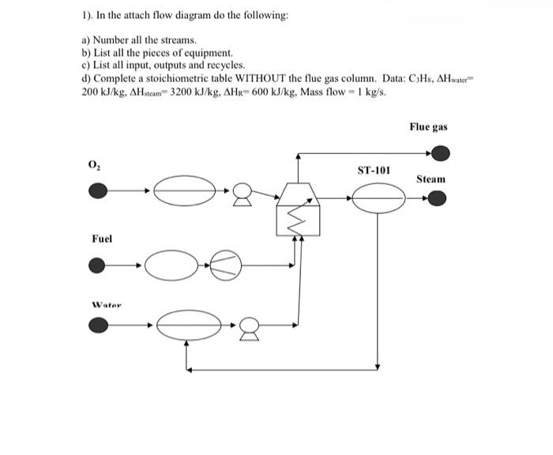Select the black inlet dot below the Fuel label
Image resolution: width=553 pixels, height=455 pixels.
pyautogui.click(x=97, y=267)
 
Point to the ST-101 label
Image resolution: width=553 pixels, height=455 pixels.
pyautogui.click(x=374, y=170)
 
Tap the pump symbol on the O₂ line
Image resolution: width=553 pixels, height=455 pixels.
pyautogui.click(x=247, y=190)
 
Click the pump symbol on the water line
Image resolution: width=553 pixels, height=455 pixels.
pyautogui.click(x=249, y=324)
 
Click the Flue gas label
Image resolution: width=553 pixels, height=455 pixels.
pyautogui.click(x=429, y=126)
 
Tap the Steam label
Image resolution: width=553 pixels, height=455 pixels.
pyautogui.click(x=431, y=179)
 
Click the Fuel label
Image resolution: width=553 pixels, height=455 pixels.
pyautogui.click(x=102, y=238)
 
